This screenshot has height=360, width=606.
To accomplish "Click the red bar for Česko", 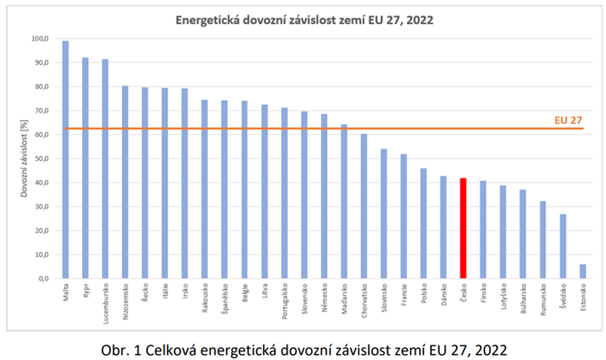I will coord(464,228).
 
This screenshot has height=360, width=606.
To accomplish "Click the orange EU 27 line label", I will coord(570,120).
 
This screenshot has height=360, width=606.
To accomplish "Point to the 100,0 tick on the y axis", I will coord(40,39).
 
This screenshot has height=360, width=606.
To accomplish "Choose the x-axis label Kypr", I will coord(86,290).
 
